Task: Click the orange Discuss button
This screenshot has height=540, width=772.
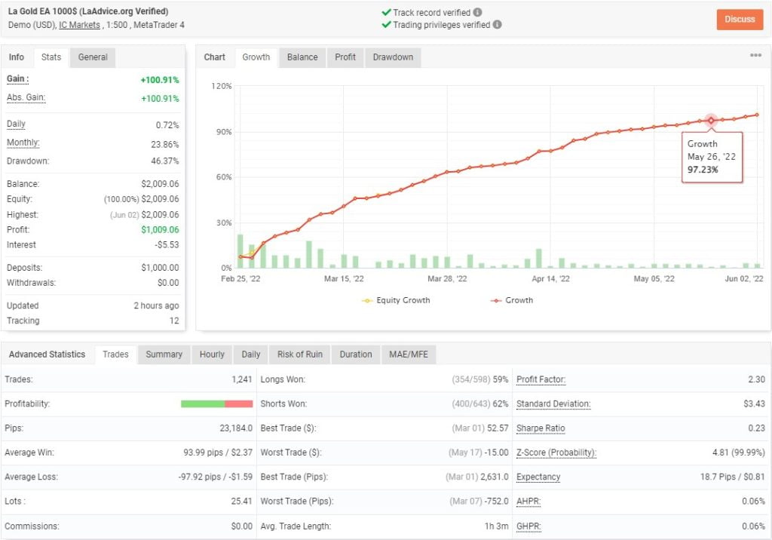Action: click(740, 20)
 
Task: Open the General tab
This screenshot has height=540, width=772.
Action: click(93, 57)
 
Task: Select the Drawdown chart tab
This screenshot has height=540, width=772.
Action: click(393, 57)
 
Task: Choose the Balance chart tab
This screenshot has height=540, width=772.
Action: click(302, 57)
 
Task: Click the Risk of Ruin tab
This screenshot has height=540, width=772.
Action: click(300, 354)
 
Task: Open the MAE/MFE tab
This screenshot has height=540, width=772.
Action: click(408, 354)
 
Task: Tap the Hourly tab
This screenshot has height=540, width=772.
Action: click(212, 354)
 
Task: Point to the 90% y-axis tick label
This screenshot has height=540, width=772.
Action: click(222, 132)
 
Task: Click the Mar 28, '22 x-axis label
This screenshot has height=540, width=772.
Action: click(447, 279)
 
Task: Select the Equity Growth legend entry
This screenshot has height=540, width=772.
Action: click(397, 300)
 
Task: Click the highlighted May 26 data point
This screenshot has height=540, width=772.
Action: click(710, 121)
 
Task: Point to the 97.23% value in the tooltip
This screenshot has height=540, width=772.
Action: click(703, 170)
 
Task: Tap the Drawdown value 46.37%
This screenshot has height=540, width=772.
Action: click(165, 161)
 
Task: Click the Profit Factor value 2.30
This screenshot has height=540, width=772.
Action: click(756, 379)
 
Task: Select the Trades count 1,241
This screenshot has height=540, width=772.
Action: click(241, 379)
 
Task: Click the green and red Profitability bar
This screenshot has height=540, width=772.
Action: click(216, 404)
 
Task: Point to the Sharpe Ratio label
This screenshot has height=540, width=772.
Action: click(541, 428)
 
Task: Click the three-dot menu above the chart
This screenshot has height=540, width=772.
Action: click(755, 56)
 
